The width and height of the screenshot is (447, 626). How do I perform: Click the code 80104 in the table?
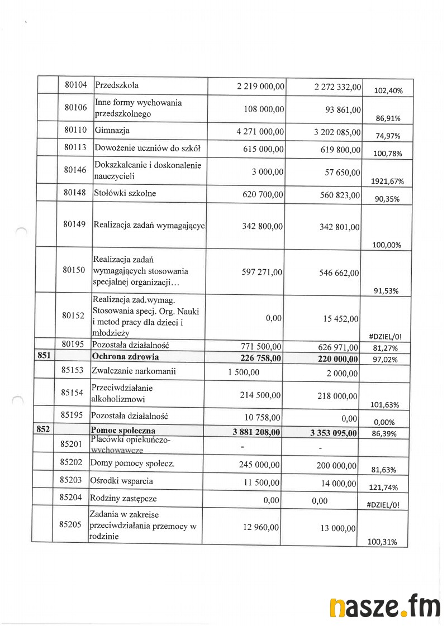75,85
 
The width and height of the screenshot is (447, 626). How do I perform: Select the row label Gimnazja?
112,131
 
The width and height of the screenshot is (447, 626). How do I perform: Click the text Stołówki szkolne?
126,193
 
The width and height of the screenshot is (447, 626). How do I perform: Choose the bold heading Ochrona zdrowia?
125,357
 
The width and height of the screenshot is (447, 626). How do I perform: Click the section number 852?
44,431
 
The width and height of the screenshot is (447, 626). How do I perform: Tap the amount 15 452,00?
340,319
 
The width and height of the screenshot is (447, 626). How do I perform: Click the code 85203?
70,480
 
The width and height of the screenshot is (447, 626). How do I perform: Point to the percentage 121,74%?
383,488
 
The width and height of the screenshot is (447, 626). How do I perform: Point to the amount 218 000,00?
335,396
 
